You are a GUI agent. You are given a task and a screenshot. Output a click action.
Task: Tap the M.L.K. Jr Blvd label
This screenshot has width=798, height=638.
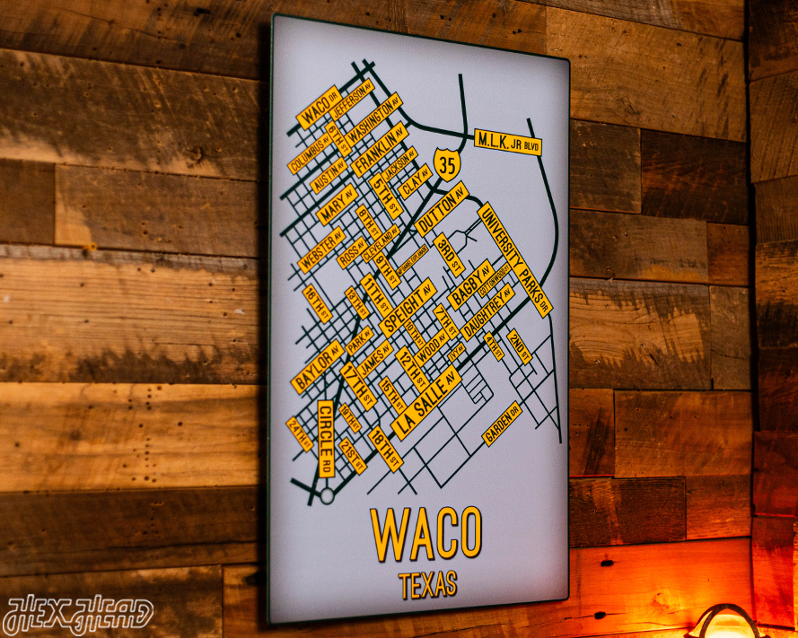(508, 142)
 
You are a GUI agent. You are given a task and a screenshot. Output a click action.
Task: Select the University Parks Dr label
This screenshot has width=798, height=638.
(513, 258)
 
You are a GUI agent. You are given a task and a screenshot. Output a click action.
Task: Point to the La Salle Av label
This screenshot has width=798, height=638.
(425, 403)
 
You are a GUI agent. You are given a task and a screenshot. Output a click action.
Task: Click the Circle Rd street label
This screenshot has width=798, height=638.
(325, 438)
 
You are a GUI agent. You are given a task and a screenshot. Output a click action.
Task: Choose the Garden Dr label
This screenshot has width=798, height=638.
(502, 424)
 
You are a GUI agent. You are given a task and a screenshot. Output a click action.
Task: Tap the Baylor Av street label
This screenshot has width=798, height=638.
(315, 368)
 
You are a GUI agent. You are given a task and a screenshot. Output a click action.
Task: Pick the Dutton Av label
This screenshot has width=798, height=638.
(441, 210)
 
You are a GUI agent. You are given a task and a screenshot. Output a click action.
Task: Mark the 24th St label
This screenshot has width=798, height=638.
(299, 434)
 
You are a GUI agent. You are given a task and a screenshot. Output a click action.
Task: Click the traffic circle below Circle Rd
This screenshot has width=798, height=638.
(327, 494)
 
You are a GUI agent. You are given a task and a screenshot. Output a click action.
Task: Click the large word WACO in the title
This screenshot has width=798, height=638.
(426, 534)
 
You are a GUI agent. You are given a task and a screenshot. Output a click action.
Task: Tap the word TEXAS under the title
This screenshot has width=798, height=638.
(428, 585)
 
